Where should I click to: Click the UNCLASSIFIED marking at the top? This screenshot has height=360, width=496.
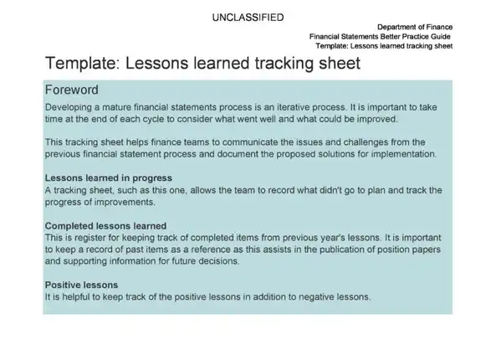coord(248,18)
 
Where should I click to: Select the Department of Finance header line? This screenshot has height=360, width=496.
coord(415,27)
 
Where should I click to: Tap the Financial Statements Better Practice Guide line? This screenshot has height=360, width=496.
coord(380,36)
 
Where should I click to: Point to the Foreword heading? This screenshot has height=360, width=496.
coord(71,90)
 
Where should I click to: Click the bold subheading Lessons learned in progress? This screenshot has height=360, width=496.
coord(109,178)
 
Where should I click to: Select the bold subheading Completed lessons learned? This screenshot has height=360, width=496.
coord(105,226)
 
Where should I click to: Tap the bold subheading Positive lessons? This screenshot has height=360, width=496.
coord(81,285)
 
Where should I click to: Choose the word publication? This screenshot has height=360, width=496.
coord(341,249)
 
